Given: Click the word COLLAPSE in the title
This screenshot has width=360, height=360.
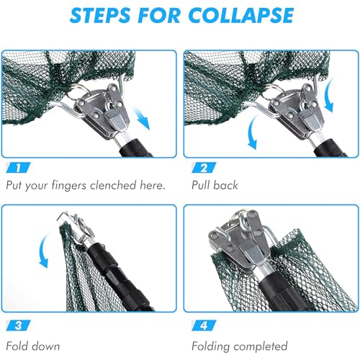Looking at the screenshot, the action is pos(241,16).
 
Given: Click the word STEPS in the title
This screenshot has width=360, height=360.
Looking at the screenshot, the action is pos(102,16).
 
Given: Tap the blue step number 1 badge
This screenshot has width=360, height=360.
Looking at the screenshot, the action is pos(19,168).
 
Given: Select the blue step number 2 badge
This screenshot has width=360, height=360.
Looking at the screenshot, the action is pos(204,168).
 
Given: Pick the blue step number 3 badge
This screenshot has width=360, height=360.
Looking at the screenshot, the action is pos(19,325).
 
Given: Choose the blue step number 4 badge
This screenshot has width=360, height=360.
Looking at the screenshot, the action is pos(204,325).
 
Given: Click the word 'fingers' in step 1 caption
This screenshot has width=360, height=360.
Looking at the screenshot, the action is pos(69,186).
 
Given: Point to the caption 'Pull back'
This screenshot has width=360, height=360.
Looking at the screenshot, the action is pos(215,185).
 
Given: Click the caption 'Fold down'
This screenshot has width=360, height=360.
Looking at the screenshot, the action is pos(33,346).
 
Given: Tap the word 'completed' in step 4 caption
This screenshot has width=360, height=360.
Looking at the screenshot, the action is pos(261,346).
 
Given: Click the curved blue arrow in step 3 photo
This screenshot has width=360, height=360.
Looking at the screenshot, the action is pos(44,250).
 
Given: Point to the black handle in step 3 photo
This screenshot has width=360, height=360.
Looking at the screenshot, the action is pos(120,279).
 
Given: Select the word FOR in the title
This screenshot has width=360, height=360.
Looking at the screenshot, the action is pos(160,16).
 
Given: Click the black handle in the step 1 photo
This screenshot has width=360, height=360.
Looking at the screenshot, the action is pos(135,148).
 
